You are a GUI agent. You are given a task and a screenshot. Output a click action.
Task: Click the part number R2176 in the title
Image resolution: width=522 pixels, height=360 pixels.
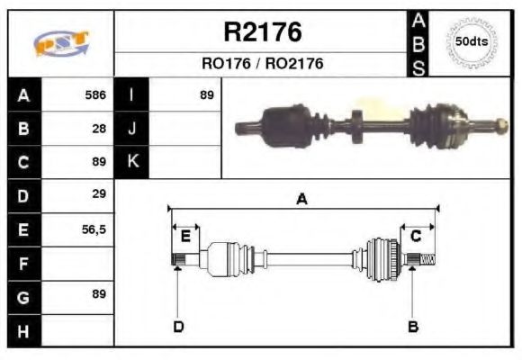tap(262, 32)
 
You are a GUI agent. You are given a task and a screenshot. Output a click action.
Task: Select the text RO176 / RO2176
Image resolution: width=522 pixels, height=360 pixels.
tap(262, 64)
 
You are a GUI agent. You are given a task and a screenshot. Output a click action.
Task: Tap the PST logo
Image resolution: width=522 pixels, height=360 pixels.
tap(60, 43)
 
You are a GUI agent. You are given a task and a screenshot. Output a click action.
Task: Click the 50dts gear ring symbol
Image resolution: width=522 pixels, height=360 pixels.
tap(472, 42)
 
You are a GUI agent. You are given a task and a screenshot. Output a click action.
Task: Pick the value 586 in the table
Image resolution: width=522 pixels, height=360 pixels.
tap(95, 94)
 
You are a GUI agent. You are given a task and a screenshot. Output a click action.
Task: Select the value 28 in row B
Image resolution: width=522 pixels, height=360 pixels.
tap(100, 129)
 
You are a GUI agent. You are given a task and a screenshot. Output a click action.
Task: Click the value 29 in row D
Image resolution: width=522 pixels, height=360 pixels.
tap(100, 193)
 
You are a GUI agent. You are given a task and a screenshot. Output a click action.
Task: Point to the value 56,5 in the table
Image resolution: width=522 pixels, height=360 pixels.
tap(94, 229)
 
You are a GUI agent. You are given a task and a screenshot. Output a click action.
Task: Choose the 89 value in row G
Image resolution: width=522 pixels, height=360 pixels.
tap(100, 293)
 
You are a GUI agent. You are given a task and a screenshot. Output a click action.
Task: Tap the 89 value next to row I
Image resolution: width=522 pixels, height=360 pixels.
tap(206, 94)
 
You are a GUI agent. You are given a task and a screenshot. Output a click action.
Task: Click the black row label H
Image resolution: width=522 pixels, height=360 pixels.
tap(22, 331)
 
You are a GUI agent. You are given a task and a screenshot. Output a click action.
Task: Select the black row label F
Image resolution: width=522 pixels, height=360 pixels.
tap(22, 264)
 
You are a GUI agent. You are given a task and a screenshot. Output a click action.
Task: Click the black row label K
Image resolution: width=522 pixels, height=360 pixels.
tap(132, 162)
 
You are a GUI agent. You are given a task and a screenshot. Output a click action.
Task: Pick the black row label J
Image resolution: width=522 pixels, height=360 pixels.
tap(132, 129)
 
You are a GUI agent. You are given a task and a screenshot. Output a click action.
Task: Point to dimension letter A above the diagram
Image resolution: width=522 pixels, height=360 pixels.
tap(301, 200)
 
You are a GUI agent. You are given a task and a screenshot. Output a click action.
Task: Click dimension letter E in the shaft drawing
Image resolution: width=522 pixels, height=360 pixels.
tap(184, 236)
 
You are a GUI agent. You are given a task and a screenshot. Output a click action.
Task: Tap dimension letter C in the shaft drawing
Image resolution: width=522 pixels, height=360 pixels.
tap(416, 236)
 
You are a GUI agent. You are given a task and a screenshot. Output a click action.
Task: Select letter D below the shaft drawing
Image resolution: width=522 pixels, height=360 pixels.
tap(178, 326)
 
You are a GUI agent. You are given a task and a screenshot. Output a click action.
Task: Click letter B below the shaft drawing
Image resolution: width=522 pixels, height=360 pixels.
tap(413, 326)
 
